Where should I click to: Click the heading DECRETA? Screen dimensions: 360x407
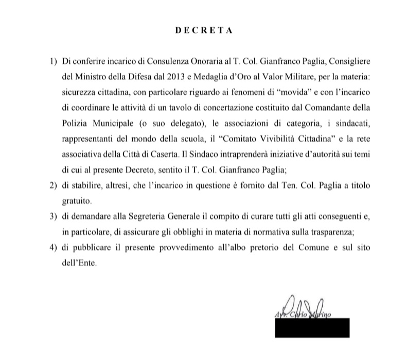pos(204,30)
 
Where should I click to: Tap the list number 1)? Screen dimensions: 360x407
pos(53,61)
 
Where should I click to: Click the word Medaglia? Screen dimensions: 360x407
pos(184,77)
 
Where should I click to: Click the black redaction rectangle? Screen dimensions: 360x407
pos(312,328)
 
